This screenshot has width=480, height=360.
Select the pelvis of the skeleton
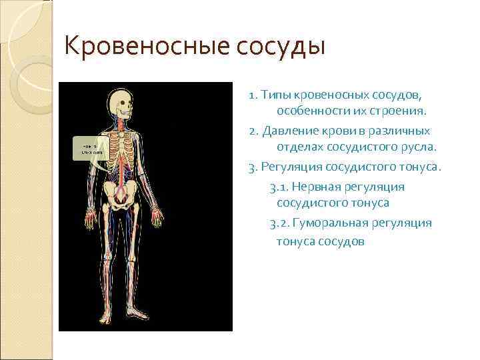122,194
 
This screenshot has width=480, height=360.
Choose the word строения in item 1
402,109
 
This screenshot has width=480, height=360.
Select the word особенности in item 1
313,109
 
